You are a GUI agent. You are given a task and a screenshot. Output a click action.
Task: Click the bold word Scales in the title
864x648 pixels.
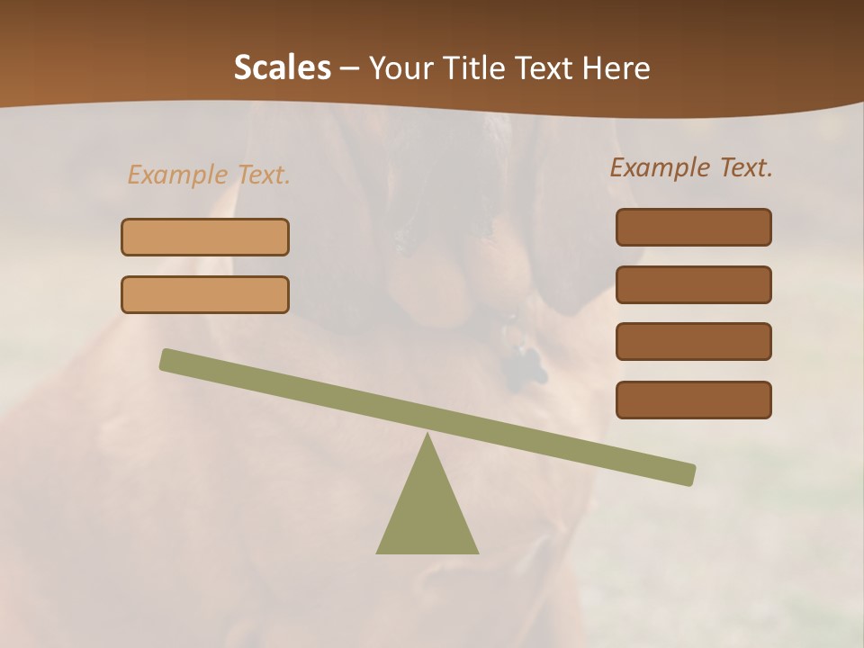[282, 68]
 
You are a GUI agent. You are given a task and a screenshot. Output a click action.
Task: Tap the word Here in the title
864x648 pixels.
[616, 68]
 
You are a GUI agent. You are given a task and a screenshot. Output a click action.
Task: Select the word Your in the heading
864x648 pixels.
[399, 68]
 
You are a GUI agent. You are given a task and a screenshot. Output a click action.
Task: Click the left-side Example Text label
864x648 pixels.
[209, 175]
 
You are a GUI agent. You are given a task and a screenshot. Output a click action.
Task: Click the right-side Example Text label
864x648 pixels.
[691, 167]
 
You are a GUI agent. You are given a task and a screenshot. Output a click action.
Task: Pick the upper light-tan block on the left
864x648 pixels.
[205, 237]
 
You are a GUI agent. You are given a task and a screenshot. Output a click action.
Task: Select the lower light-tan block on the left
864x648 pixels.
[205, 294]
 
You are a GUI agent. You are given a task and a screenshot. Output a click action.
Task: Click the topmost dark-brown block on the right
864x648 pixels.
[693, 227]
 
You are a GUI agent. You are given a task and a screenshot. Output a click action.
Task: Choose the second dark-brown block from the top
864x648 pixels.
[693, 284]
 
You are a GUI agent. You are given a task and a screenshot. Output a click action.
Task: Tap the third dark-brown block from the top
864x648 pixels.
[693, 342]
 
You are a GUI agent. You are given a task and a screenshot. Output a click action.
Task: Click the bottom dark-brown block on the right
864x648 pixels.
[693, 400]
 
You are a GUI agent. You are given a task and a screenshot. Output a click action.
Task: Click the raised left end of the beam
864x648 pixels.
[167, 359]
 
